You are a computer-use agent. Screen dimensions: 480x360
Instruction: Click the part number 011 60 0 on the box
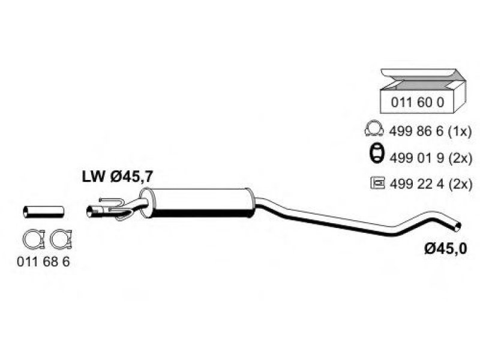[417, 102]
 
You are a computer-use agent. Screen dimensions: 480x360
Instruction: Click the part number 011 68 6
[43, 262]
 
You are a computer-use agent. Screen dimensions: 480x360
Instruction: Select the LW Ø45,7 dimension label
[118, 176]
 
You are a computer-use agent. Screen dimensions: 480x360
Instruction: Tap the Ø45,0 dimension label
[446, 248]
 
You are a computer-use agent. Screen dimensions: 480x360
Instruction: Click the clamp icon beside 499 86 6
[374, 129]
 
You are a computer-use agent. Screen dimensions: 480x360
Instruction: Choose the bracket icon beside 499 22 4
[377, 183]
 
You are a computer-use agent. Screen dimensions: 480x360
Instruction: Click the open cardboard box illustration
[423, 91]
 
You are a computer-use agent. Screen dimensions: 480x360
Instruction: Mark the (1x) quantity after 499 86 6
[460, 131]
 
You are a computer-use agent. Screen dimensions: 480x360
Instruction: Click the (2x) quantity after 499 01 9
[460, 158]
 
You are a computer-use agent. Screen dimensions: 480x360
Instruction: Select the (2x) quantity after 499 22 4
[461, 184]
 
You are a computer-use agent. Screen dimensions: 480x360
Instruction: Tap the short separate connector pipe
[43, 212]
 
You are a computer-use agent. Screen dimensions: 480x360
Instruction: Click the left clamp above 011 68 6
[34, 239]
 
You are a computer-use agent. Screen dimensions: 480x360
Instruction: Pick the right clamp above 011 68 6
[61, 239]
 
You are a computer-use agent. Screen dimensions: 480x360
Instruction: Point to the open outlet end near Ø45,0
[457, 227]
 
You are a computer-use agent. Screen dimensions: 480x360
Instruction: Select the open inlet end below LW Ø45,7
[89, 212]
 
